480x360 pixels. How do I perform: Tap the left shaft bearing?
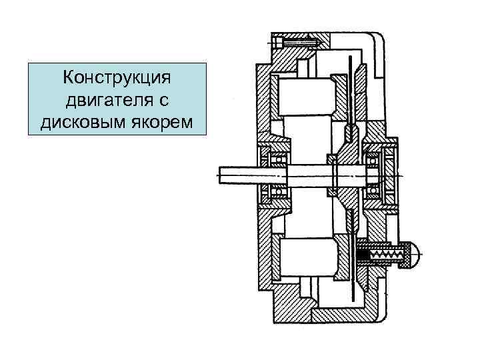[276, 175]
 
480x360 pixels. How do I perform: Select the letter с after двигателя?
[165, 101]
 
